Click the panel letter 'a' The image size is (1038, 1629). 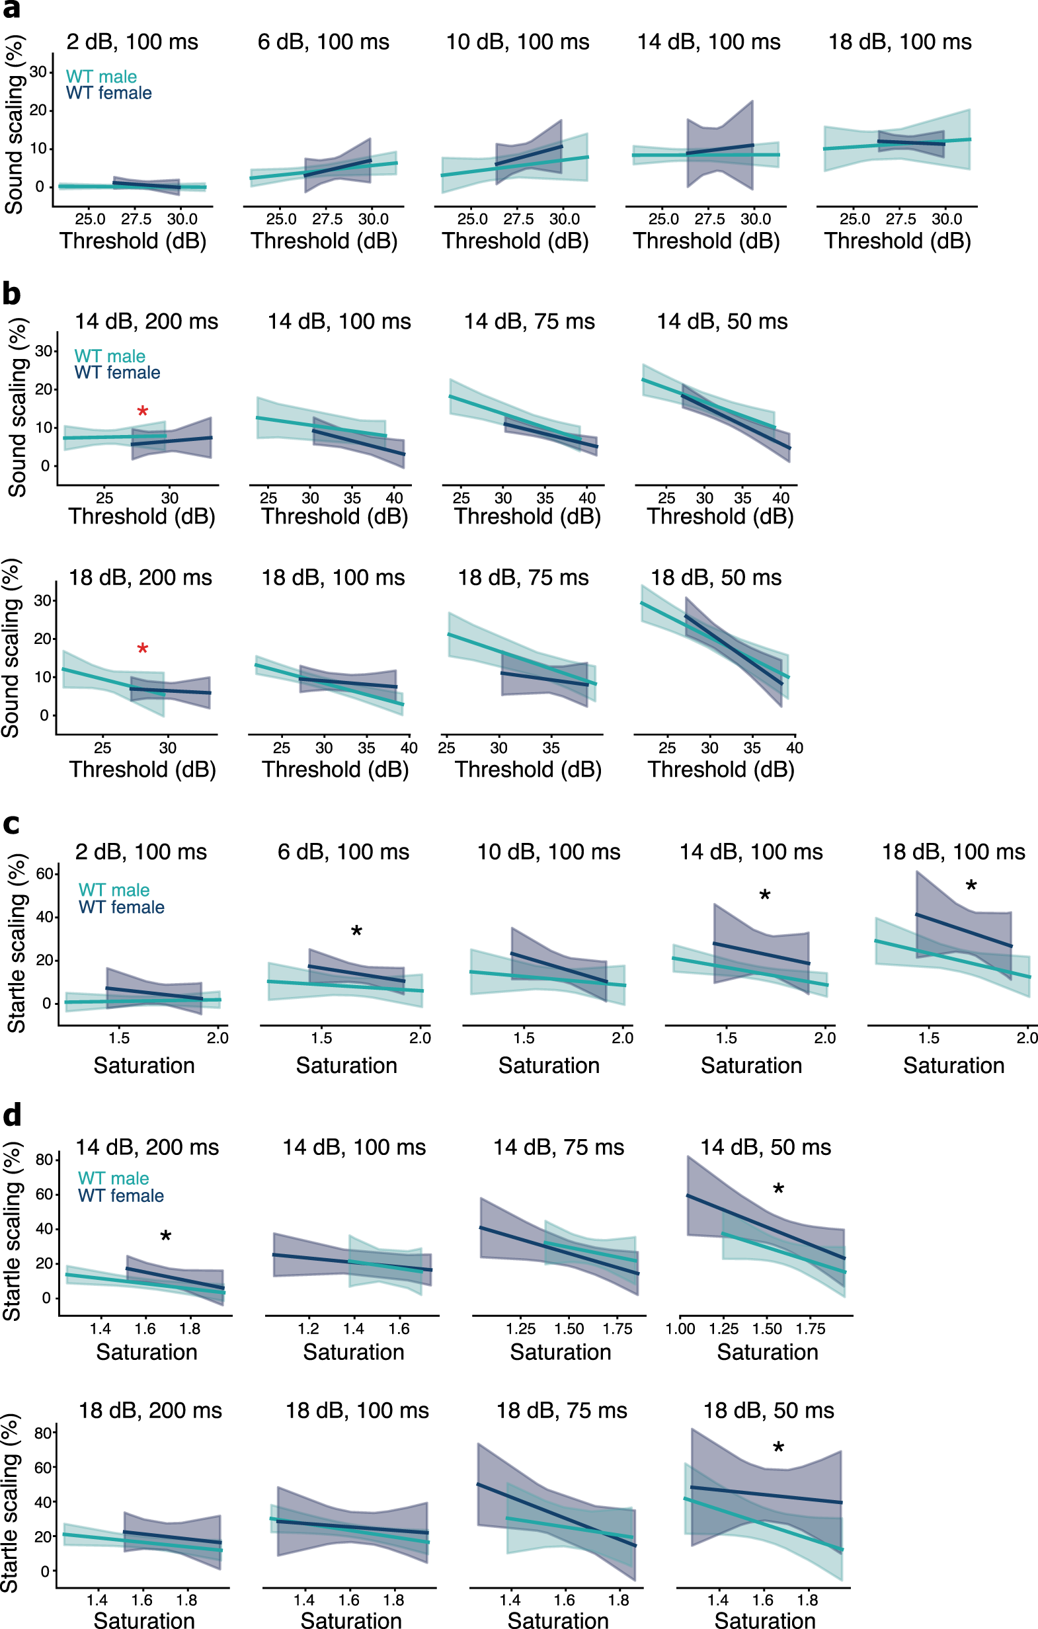11,9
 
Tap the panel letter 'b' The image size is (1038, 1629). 11,294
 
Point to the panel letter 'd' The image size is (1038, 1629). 12,1114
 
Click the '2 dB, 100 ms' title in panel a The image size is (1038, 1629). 132,42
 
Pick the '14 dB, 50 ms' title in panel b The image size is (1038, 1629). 722,321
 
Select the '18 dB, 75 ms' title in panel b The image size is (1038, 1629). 523,577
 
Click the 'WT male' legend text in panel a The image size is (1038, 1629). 102,77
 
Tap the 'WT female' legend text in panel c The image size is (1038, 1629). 121,907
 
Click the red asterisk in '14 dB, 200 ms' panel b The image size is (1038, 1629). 143,412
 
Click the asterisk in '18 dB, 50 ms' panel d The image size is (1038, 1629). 779,1449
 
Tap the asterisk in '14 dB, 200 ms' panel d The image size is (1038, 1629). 166,1238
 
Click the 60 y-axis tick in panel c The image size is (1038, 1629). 45,873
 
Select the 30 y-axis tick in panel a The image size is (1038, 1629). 38,71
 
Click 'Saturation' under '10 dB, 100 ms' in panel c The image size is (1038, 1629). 549,1066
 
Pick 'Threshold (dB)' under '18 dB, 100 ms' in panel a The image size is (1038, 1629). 897,241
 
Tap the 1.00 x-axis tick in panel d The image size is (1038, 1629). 680,1328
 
